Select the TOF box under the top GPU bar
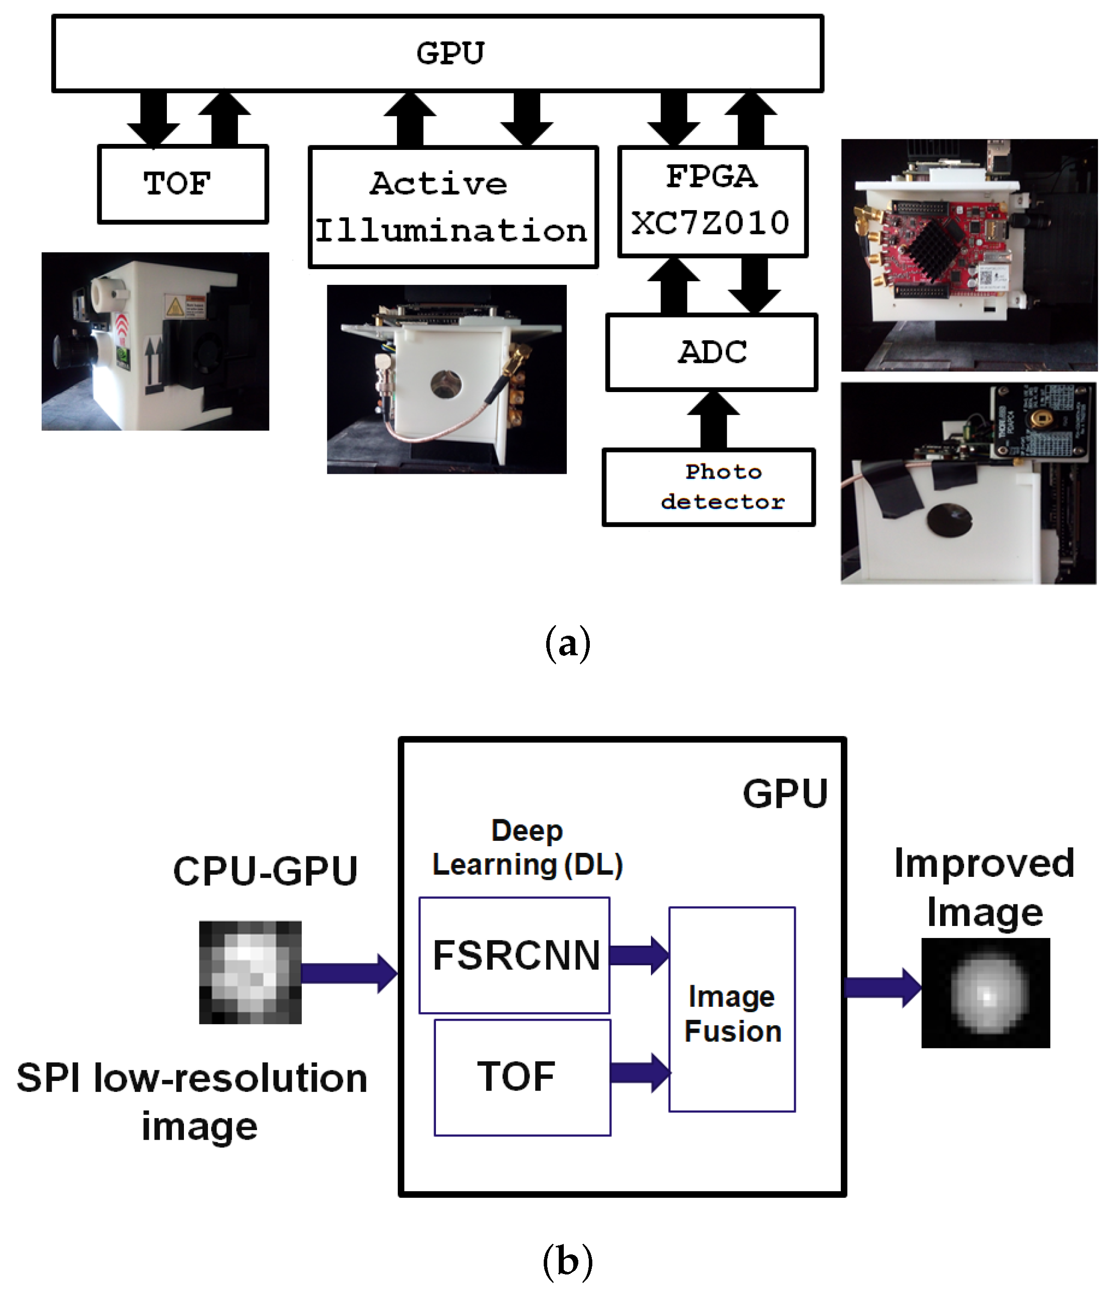[x=183, y=184]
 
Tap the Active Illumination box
[x=453, y=207]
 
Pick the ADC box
[x=712, y=352]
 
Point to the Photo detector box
[x=709, y=487]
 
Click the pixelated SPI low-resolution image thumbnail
[x=250, y=972]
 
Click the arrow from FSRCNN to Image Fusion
[x=638, y=955]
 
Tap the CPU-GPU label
[x=265, y=871]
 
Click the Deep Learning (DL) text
[x=528, y=847]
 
